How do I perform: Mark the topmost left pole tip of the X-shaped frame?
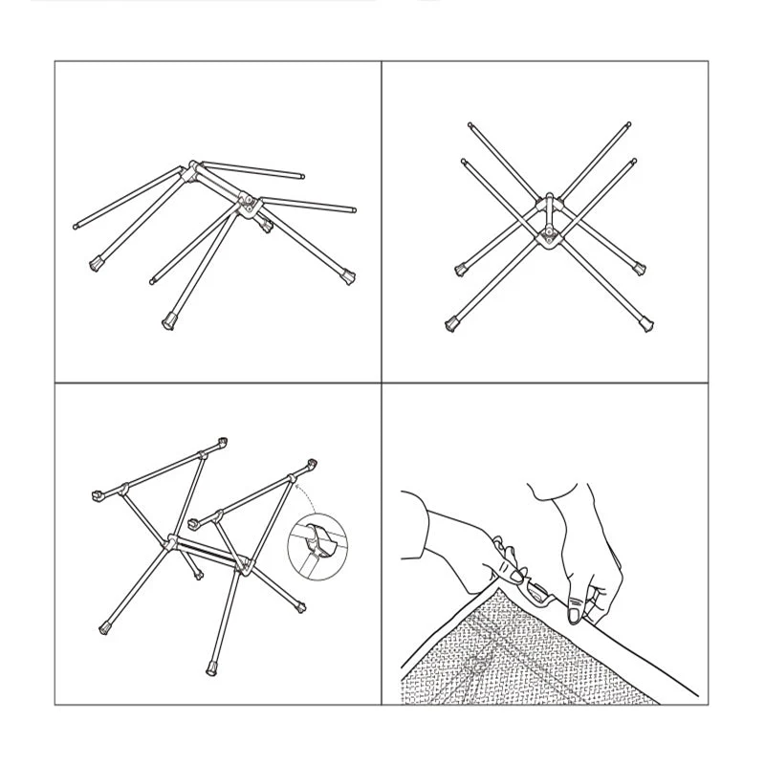pos(470,123)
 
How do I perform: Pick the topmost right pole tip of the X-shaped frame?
pos(629,123)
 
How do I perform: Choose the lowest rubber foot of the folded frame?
pos(169,321)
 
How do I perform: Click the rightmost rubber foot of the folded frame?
pos(347,278)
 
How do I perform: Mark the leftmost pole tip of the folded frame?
pos(76,227)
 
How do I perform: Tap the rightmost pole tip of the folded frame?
pos(353,208)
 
